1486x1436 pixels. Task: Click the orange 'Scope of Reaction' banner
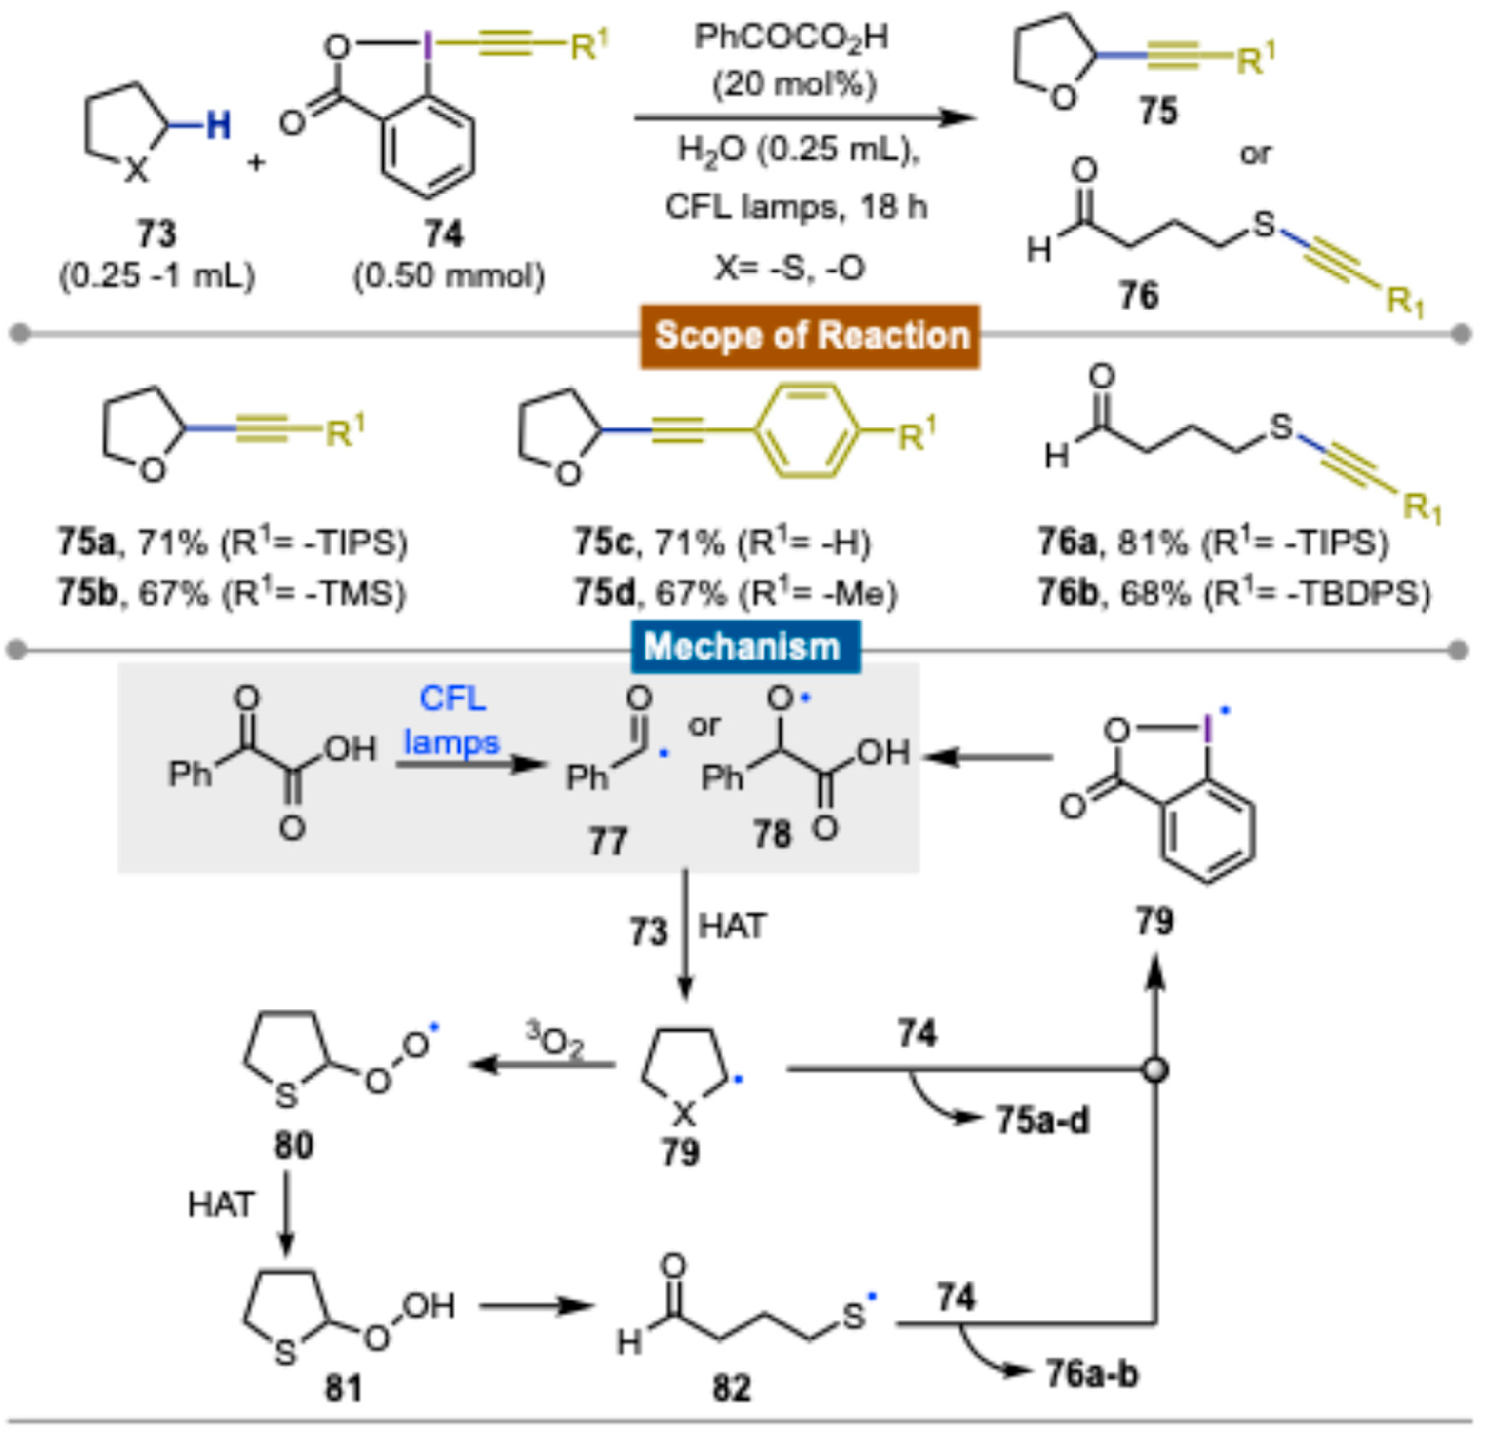tap(810, 336)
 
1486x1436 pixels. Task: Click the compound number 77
tap(608, 842)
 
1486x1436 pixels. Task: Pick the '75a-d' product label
tap(1042, 1120)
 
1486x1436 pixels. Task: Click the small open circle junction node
tap(1154, 1070)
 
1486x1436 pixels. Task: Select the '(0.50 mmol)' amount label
tap(449, 276)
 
